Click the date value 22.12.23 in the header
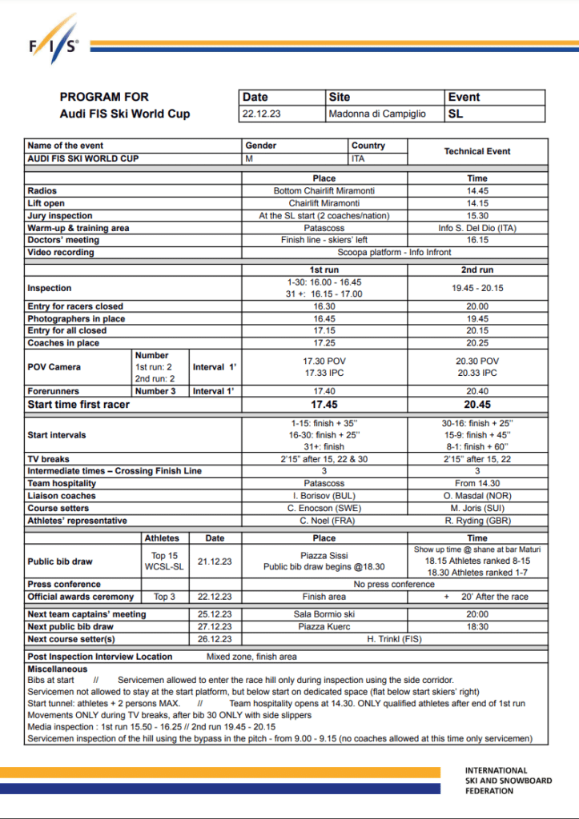tap(261, 114)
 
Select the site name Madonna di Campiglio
tap(376, 114)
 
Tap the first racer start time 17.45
tap(324, 404)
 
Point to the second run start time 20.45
tap(477, 404)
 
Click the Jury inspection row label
tap(60, 216)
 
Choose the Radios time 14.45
tap(477, 191)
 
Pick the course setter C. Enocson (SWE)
tap(324, 508)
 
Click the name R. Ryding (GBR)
tap(477, 521)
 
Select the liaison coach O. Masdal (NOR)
tap(477, 496)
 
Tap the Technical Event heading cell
tap(477, 151)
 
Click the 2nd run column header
tap(477, 270)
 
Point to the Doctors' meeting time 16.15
tap(477, 240)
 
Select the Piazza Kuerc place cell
tap(324, 627)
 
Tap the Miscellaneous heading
tap(57, 669)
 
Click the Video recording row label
tap(61, 252)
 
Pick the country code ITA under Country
tap(359, 158)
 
